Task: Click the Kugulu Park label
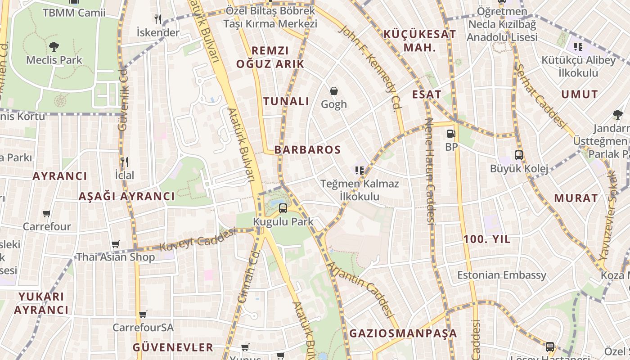pyautogui.click(x=283, y=222)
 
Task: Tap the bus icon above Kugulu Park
pyautogui.click(x=283, y=208)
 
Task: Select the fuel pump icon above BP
pyautogui.click(x=451, y=134)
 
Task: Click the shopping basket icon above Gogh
pyautogui.click(x=334, y=91)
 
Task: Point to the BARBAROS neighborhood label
pyautogui.click(x=307, y=150)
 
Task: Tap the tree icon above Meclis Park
pyautogui.click(x=54, y=46)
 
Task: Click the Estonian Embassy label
pyautogui.click(x=502, y=275)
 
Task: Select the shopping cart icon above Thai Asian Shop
pyautogui.click(x=116, y=244)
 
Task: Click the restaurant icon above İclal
pyautogui.click(x=125, y=162)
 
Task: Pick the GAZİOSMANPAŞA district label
pyautogui.click(x=403, y=333)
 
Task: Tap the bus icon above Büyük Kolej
pyautogui.click(x=519, y=155)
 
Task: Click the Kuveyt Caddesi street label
pyautogui.click(x=198, y=239)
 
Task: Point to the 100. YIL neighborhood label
pyautogui.click(x=487, y=239)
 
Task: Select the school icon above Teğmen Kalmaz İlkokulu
pyautogui.click(x=359, y=170)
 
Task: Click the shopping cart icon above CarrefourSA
pyautogui.click(x=143, y=314)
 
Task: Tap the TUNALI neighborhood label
pyautogui.click(x=287, y=101)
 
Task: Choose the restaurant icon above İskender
pyautogui.click(x=157, y=19)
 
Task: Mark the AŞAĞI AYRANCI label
pyautogui.click(x=126, y=196)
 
